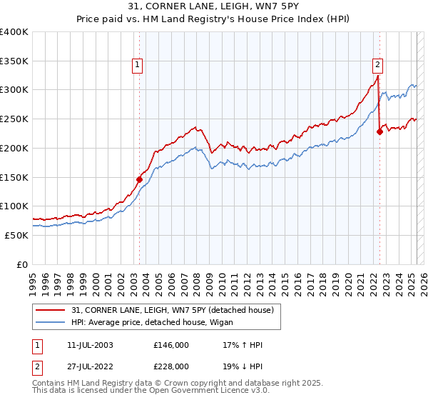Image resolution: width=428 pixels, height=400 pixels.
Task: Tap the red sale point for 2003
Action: tap(139, 179)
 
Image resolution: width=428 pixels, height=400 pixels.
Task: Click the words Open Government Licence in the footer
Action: tap(204, 392)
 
